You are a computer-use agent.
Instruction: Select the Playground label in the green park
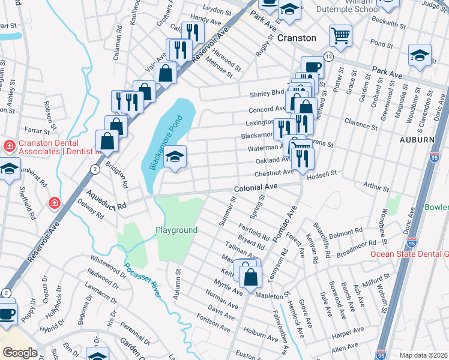pyautogui.click(x=176, y=230)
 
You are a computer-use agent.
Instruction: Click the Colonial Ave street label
pyautogui.click(x=255, y=187)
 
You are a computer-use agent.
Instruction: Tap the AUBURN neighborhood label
pyautogui.click(x=417, y=139)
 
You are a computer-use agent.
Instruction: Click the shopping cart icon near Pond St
pyautogui.click(x=340, y=36)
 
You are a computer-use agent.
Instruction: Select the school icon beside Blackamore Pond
pyautogui.click(x=175, y=157)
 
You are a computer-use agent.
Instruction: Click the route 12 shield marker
pyautogui.click(x=328, y=56)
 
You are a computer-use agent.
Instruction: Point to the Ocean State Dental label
pyautogui.click(x=408, y=253)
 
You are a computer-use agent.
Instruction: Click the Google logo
pyautogui.click(x=20, y=352)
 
